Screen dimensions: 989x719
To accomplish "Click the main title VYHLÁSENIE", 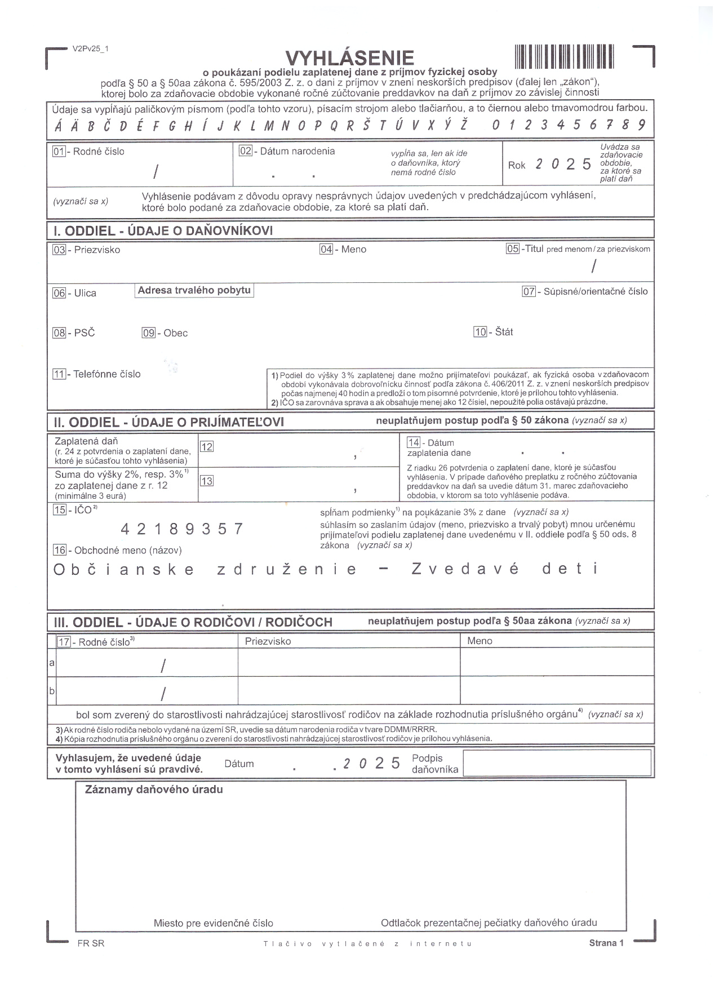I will coord(349,57).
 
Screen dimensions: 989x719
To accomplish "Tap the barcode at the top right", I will coord(563,56).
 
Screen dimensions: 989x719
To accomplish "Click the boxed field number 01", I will coord(59,151).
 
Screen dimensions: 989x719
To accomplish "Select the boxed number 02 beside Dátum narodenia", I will coord(245,151).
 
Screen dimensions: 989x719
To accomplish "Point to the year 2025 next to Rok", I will coord(563,164).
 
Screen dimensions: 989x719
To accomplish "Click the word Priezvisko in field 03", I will coord(97,250).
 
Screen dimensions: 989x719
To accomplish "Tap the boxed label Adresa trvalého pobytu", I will coord(194,290).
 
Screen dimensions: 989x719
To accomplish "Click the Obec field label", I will coord(175,333).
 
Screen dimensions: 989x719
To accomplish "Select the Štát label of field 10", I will coord(504,332).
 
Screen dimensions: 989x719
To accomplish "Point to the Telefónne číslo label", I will coord(106,374).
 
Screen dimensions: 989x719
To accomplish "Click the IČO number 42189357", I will coord(183,529).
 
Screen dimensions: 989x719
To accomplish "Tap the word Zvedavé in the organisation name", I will coord(465,569).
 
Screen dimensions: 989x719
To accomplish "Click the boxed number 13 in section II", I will coord(207,481).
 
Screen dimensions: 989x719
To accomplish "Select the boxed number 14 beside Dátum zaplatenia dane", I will coord(414,442).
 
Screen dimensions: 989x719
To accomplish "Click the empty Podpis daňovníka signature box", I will coord(557,762).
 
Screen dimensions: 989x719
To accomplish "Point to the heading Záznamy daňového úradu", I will coord(154,790).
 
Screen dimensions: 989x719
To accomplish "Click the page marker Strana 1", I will coord(606,943).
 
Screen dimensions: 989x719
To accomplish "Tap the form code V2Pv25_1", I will coord(90,48).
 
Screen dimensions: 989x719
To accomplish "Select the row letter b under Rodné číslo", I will coord(52,690).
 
